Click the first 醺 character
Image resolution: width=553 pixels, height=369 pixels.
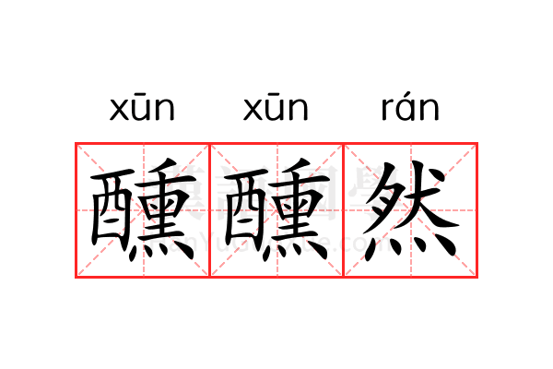point(143,209)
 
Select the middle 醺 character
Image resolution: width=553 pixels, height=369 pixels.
point(276,209)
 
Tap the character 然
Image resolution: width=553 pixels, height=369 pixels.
point(411,211)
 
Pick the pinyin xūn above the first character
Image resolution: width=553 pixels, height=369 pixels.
point(142,107)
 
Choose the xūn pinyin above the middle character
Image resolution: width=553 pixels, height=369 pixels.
point(276,107)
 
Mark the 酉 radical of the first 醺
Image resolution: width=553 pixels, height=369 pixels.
point(112,209)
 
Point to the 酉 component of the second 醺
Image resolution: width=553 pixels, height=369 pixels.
point(245,209)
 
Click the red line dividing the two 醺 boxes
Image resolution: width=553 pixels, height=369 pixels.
point(210,210)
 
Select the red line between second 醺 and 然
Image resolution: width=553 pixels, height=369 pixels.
point(344,210)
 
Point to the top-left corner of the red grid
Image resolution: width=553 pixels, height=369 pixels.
point(76,143)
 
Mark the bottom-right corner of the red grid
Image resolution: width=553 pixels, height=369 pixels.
point(477,278)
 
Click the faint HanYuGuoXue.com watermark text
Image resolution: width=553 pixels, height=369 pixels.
point(274,243)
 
